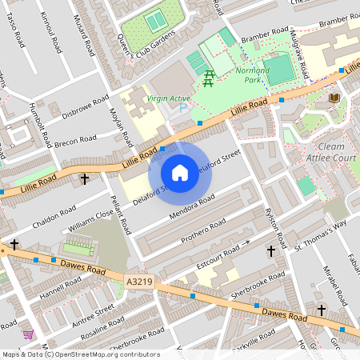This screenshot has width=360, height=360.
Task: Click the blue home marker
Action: (x=180, y=173)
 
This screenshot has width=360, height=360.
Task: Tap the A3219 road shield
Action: (x=139, y=282)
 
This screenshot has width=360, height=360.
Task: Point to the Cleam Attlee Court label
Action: (x=326, y=152)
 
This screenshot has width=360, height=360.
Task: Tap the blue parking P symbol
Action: (x=183, y=108)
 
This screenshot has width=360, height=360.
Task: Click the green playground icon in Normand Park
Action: (x=209, y=77)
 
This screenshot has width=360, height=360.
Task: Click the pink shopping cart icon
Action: (x=29, y=334)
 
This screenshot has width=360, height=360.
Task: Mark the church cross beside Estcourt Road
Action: (x=270, y=251)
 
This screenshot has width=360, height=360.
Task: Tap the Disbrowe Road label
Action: (x=84, y=109)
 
